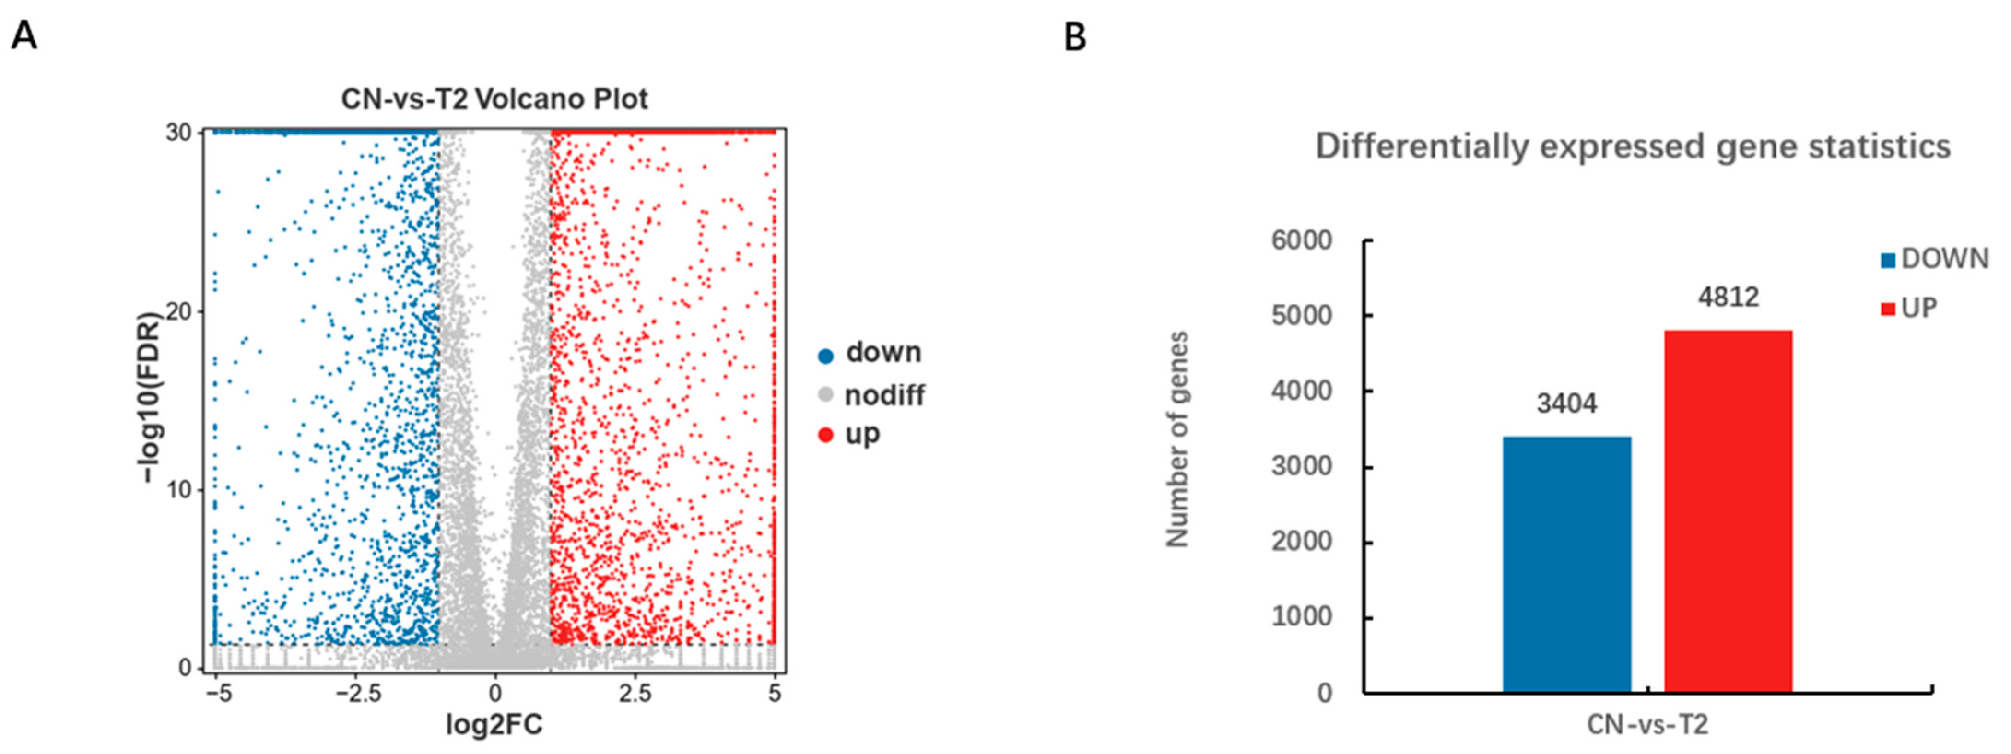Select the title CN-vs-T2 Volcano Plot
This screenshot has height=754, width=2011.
[x=494, y=99]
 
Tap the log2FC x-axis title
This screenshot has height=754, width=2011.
[x=494, y=725]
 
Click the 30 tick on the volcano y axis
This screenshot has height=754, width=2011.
[x=179, y=133]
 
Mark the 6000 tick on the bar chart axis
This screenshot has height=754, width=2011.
[x=1301, y=240]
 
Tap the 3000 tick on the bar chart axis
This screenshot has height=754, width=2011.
[x=1301, y=466]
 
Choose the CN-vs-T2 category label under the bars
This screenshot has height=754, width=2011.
[x=1647, y=725]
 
